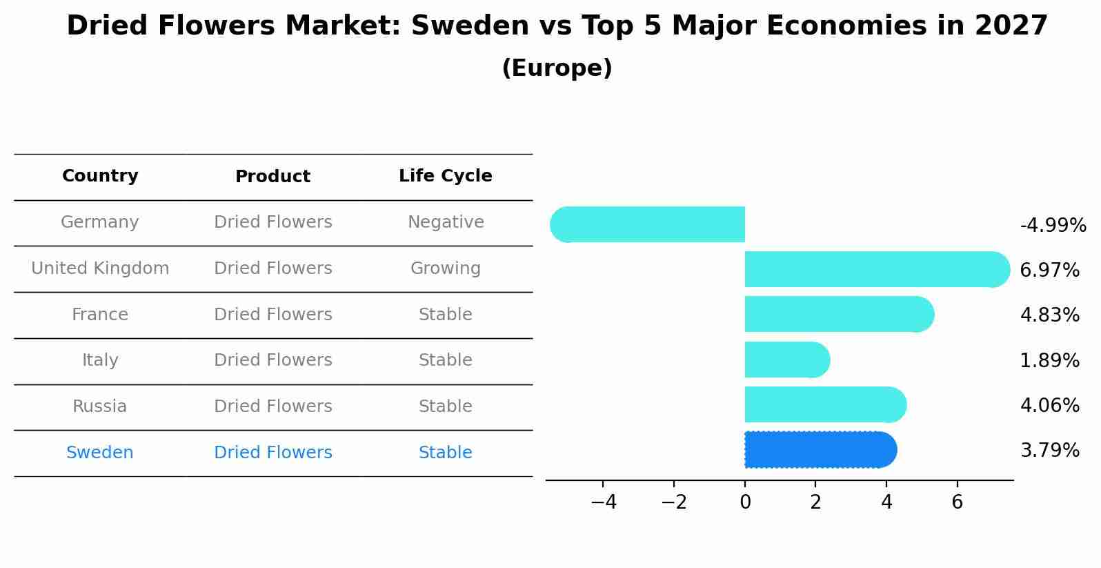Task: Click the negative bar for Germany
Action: click(648, 224)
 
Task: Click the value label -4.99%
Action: click(1053, 226)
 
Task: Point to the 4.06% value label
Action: click(1049, 405)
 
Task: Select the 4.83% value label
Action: click(1049, 315)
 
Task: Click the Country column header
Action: click(100, 176)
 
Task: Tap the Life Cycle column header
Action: click(445, 176)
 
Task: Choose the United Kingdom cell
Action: click(100, 268)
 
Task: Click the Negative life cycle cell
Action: click(446, 222)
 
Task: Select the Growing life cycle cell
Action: click(446, 268)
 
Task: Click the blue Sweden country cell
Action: click(100, 453)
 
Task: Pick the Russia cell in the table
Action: click(100, 407)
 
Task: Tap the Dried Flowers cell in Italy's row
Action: click(273, 360)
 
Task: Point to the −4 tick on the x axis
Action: click(604, 502)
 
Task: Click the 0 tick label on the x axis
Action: click(745, 502)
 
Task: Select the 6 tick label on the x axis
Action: click(957, 502)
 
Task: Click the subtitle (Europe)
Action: click(557, 68)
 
